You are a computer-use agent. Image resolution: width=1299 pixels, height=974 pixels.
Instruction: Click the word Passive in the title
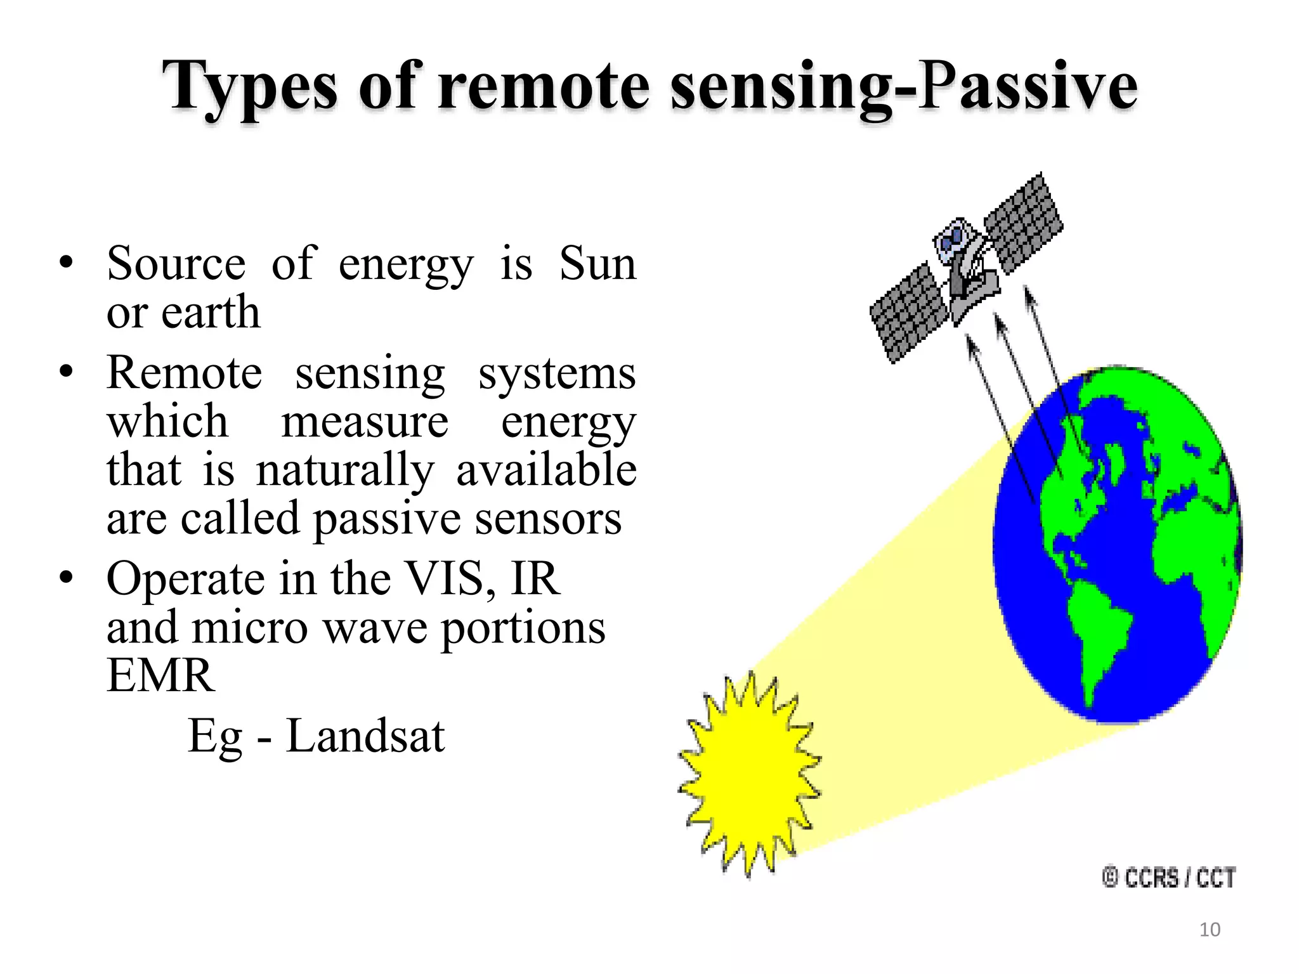coord(1028,86)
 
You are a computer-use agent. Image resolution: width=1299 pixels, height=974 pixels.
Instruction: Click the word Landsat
coord(365,736)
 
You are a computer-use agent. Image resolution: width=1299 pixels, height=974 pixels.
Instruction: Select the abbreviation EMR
coord(160,676)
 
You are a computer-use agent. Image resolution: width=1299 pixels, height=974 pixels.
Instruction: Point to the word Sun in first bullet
coord(597,263)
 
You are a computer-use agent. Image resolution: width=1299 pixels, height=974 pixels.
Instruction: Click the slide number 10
coord(1210,930)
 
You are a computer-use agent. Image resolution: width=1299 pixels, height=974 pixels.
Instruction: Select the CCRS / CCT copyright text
coord(1169,878)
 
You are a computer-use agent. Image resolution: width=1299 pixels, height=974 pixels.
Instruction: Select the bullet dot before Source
coord(66,262)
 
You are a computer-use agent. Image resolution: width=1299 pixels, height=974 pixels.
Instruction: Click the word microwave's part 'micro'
coord(250,628)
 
